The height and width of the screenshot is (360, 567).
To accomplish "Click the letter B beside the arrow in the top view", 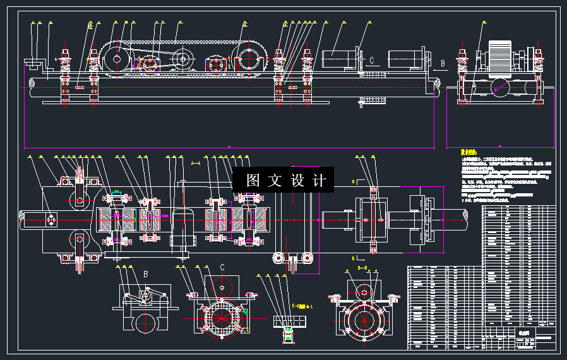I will pos(443,63).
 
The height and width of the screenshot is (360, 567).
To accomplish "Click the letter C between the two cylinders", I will pos(373,61).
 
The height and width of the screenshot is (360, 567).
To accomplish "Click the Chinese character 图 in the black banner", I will pos(253,181).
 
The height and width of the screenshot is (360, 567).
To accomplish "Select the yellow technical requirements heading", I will pos(468,152).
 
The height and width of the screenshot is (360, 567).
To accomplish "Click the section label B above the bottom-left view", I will pos(146,273).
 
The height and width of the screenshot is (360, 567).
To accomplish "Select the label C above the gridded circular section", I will pos(222,267).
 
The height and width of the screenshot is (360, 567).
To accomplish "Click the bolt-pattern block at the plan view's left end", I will pos(50,220).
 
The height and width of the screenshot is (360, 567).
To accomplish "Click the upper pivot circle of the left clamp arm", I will pos(80,201).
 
